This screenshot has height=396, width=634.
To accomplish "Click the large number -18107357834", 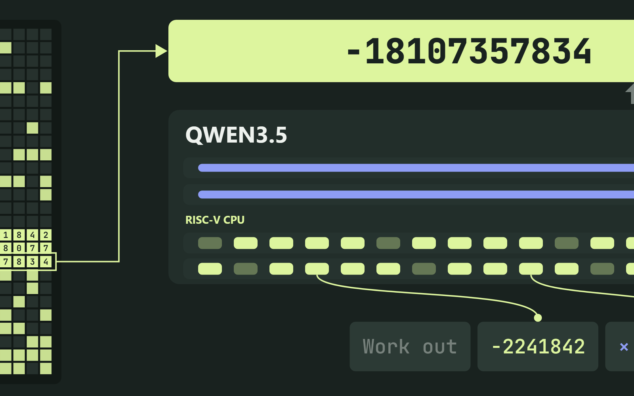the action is [x=469, y=51].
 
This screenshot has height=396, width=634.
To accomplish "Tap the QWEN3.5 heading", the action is [x=236, y=135].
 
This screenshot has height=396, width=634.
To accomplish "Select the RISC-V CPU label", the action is [x=215, y=220].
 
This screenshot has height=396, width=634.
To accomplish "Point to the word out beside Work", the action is [x=440, y=347].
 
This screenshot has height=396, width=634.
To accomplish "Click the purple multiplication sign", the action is [x=624, y=347].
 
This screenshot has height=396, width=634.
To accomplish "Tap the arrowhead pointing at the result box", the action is [x=161, y=51].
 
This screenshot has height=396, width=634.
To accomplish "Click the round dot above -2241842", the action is [x=538, y=318].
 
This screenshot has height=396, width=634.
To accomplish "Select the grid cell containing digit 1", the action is [x=6, y=235].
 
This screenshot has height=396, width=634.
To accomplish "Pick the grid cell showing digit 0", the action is [x=19, y=248].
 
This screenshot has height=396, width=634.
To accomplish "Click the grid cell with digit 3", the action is [x=32, y=262].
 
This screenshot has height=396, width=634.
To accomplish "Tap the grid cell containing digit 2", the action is [x=46, y=235].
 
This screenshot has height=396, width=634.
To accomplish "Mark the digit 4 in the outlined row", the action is [x=46, y=262].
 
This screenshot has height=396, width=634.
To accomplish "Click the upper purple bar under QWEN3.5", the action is [x=416, y=168].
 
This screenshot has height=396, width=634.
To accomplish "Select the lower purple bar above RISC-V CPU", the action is [x=416, y=194].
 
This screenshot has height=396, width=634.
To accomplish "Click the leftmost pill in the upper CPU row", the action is [x=210, y=243].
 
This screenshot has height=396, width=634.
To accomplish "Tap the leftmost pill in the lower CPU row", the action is [x=210, y=269].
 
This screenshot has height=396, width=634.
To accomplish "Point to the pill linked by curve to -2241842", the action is [x=317, y=269].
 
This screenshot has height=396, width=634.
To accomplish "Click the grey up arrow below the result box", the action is [x=630, y=93].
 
